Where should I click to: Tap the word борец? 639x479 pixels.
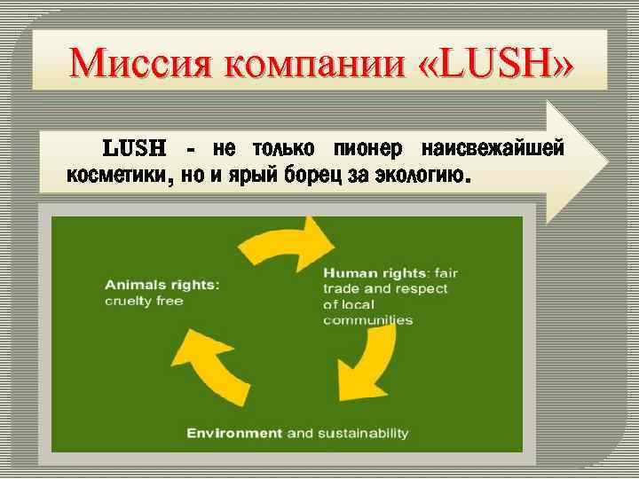(316, 174)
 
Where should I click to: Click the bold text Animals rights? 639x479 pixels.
(162, 286)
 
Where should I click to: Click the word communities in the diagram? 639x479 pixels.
(367, 320)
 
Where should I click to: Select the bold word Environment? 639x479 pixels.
(234, 433)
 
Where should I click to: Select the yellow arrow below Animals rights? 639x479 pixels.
(209, 364)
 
